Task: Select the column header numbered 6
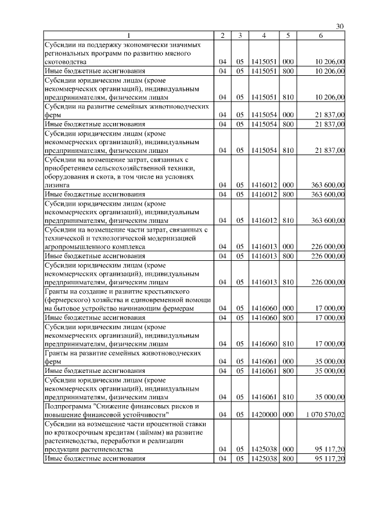(321, 36)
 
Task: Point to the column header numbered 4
(263, 36)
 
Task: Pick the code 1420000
(263, 414)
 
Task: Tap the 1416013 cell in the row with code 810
(263, 282)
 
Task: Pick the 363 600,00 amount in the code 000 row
(327, 186)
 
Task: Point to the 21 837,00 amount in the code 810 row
(327, 150)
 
